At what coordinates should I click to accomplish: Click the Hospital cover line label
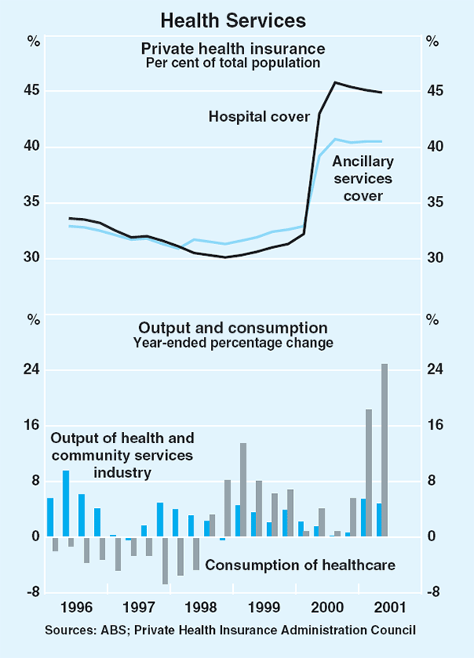click(x=258, y=117)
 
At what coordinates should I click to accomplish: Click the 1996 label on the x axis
click(x=76, y=608)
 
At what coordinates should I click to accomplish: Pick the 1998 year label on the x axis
click(x=201, y=608)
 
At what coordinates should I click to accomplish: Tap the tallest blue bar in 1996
click(x=66, y=503)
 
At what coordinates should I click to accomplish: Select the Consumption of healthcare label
click(x=300, y=565)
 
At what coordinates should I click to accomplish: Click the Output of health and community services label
click(x=122, y=455)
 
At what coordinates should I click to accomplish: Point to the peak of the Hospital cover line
click(x=335, y=82)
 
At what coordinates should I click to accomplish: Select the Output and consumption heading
click(x=233, y=328)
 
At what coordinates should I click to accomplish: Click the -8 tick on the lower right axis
click(x=434, y=592)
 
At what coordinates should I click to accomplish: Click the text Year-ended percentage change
click(x=233, y=343)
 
